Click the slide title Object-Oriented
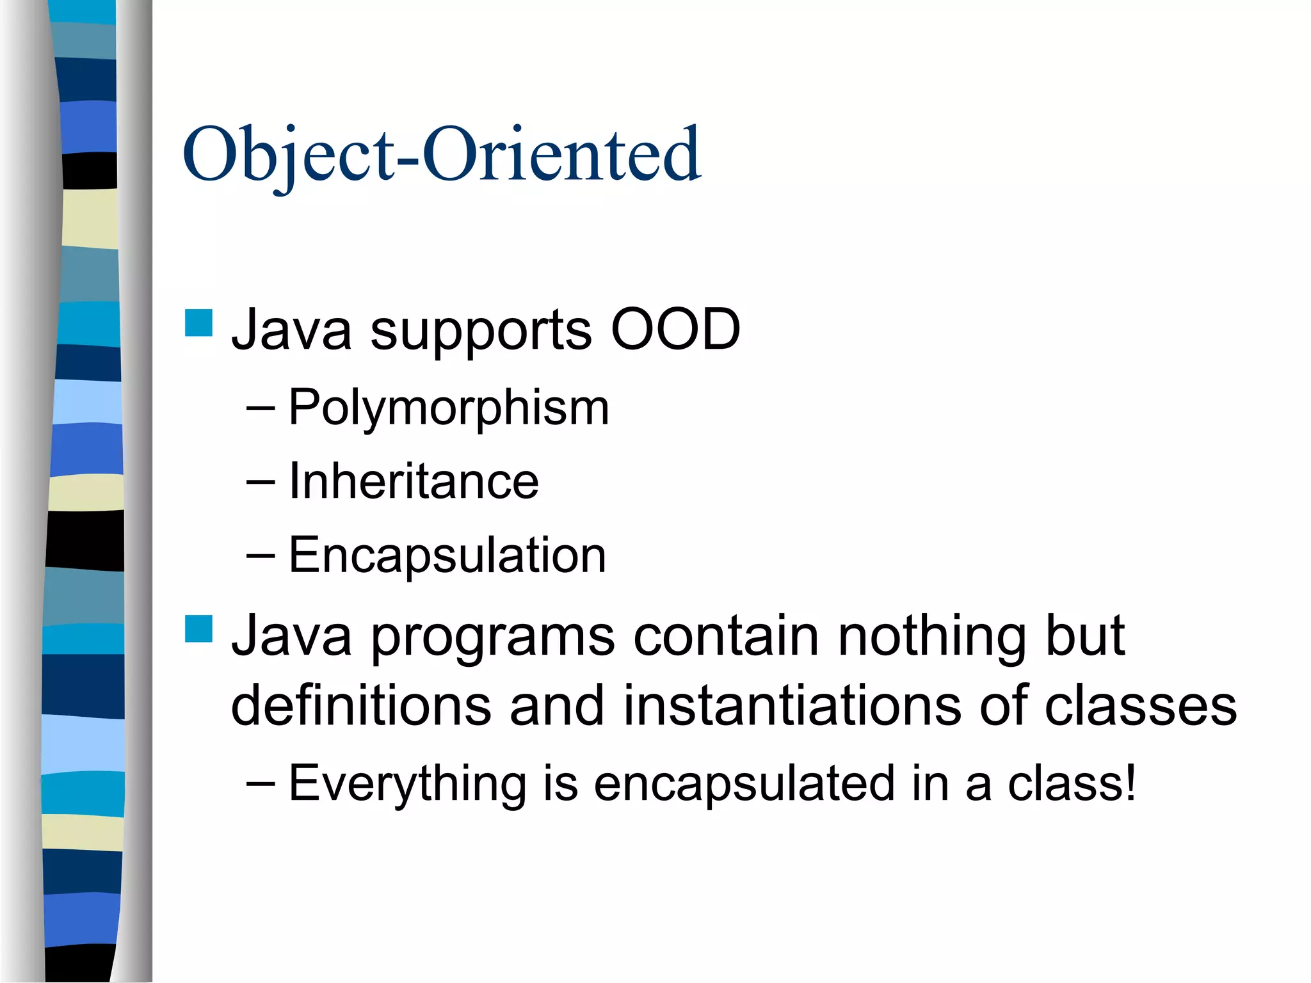click(442, 156)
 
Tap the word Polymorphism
click(448, 408)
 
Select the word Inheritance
click(414, 481)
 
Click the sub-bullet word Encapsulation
click(447, 555)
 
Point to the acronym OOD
click(675, 330)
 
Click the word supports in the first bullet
click(481, 332)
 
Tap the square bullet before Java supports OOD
click(198, 323)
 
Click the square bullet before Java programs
click(198, 628)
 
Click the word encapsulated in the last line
click(743, 783)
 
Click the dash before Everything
click(261, 785)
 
